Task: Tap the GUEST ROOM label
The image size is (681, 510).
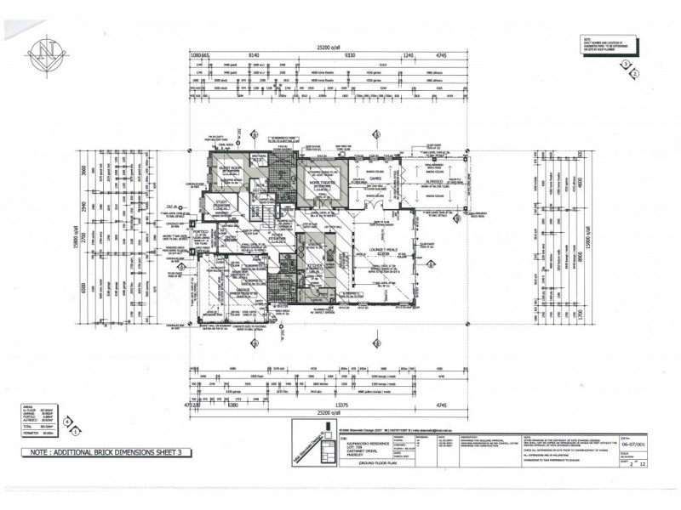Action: coord(231,168)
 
